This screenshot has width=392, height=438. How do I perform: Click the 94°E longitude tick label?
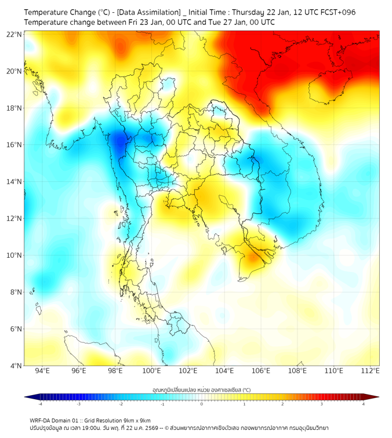[x=42, y=371]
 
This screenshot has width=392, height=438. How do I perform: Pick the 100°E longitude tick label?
[x=152, y=371]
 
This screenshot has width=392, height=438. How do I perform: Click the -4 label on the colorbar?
[x=40, y=404]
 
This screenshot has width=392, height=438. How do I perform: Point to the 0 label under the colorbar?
[x=202, y=404]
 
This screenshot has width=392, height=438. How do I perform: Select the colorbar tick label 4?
[x=363, y=404]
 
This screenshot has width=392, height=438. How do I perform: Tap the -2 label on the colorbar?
[x=121, y=404]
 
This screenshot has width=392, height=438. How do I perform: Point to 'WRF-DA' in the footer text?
[x=40, y=420]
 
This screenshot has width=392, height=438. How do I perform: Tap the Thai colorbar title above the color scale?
[x=201, y=389]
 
